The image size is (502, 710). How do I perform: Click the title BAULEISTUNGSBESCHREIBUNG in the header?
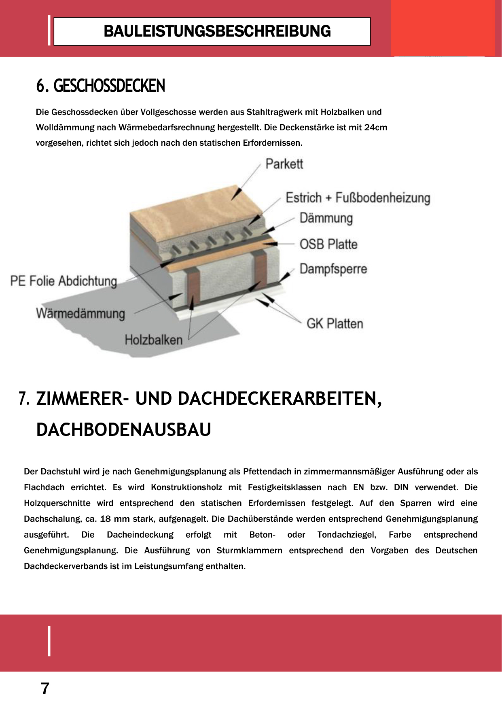(217, 32)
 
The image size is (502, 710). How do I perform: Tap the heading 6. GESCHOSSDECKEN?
(101, 86)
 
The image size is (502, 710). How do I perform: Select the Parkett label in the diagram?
(284, 164)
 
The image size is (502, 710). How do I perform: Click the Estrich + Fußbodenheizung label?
(358, 198)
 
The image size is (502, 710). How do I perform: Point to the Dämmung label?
(326, 218)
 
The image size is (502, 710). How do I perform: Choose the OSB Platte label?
(328, 244)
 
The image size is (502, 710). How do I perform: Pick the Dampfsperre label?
(333, 269)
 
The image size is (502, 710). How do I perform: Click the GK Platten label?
(335, 323)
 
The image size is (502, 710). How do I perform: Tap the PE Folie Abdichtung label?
(64, 281)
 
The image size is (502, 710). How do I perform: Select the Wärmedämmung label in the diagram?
(80, 314)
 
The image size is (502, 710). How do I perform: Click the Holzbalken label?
(153, 340)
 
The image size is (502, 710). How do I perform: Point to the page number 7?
(45, 688)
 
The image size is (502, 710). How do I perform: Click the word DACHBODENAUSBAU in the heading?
(124, 429)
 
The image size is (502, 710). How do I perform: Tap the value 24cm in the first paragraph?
(375, 128)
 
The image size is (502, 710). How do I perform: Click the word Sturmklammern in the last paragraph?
(249, 551)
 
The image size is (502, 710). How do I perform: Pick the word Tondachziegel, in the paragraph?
(347, 535)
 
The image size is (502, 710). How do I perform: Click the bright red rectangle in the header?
(443, 28)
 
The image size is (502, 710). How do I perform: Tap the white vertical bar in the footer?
(49, 641)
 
